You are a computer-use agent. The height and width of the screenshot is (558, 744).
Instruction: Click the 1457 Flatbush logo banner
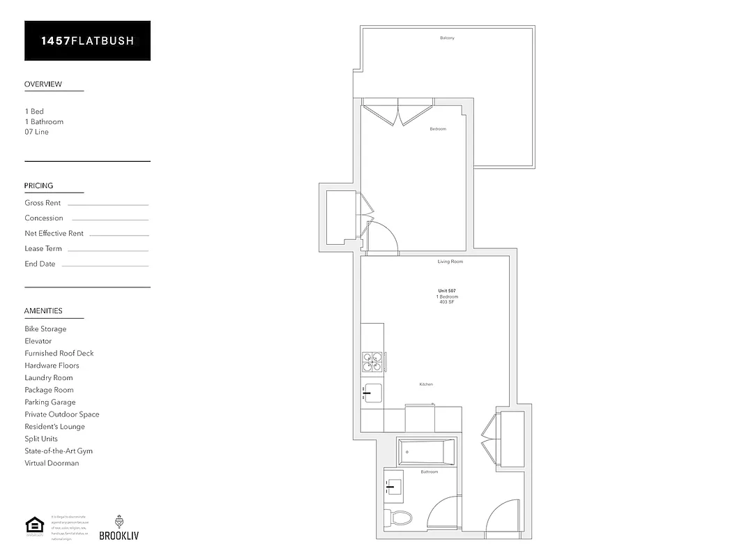coord(87,40)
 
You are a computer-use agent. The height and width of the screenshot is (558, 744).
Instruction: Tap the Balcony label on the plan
coord(447,38)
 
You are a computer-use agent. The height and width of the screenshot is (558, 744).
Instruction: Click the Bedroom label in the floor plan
coord(438,129)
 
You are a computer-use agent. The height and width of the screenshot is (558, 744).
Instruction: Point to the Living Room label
coord(450,262)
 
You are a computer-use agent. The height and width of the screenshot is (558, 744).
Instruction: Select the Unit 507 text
coord(446,290)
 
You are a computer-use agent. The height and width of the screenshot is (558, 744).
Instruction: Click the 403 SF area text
coord(446,303)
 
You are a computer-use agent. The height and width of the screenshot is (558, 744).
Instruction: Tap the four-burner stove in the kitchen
coord(372,362)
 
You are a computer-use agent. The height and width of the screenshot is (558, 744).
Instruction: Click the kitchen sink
coord(372,393)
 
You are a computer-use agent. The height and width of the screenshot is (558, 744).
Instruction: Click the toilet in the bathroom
coord(400,518)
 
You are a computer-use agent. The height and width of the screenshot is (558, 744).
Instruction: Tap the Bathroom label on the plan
coord(429,472)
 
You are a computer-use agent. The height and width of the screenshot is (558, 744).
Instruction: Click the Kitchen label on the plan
coord(426,384)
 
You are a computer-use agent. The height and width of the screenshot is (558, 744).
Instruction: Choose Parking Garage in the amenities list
coord(50,402)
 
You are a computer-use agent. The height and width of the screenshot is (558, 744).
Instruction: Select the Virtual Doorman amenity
coord(52,463)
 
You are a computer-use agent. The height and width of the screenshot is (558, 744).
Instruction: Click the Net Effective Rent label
coord(54,234)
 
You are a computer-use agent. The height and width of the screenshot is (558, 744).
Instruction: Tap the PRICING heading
coord(38,186)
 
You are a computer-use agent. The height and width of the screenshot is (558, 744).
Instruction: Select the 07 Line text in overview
coord(36,132)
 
